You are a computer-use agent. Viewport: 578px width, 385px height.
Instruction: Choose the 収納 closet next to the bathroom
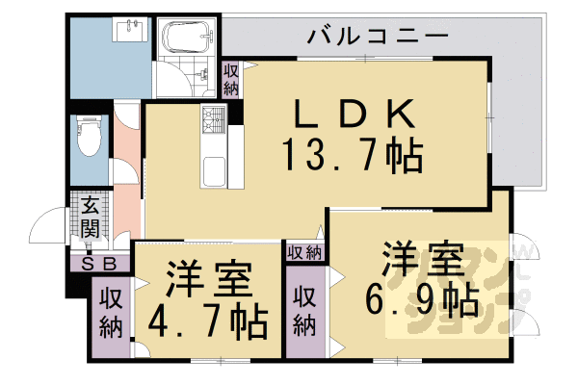coord(231,79)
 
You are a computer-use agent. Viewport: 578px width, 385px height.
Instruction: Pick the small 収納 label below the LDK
coord(305,253)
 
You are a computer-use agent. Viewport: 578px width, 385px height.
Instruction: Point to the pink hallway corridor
coord(125,173)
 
